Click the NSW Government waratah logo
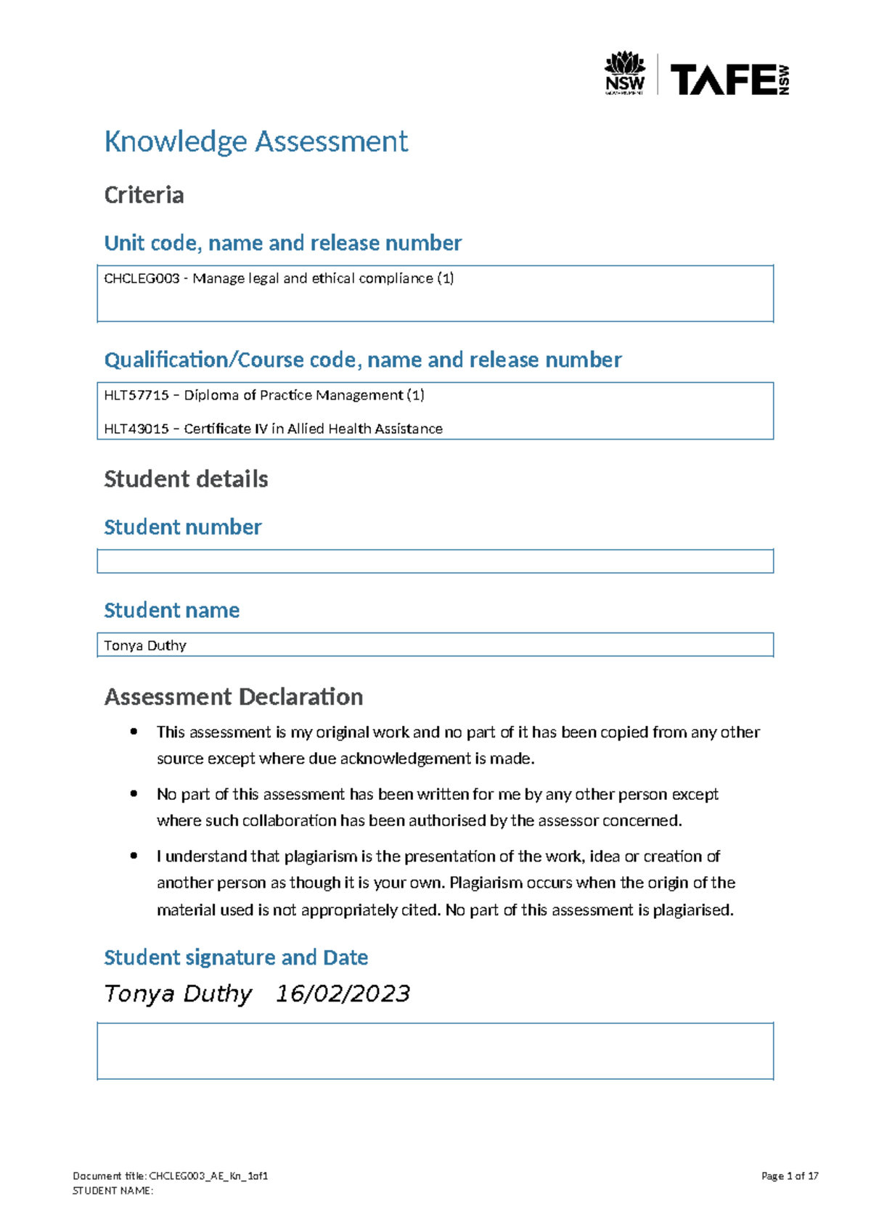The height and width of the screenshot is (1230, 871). point(624,73)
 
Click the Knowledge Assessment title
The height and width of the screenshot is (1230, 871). point(255,141)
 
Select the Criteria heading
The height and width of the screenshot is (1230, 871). point(144,195)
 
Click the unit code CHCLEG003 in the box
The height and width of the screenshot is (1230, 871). point(142,278)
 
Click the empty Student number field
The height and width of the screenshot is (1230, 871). point(435,561)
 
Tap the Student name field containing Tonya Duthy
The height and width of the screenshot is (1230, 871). point(435,645)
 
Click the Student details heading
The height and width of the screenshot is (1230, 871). point(186,479)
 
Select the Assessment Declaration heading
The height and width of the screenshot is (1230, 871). point(234,697)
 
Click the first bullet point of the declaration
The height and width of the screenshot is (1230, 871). point(134,732)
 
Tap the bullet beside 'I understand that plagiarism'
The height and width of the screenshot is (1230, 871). point(134,856)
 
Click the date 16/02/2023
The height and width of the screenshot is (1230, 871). point(343,994)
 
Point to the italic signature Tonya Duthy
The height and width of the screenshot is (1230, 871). point(178,994)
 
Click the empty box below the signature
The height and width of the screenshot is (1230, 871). point(435,1051)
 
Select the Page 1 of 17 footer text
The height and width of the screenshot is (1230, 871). point(790,1176)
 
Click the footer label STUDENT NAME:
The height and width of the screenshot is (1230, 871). point(113,1190)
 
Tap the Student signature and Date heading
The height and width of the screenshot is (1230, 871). point(236,957)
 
